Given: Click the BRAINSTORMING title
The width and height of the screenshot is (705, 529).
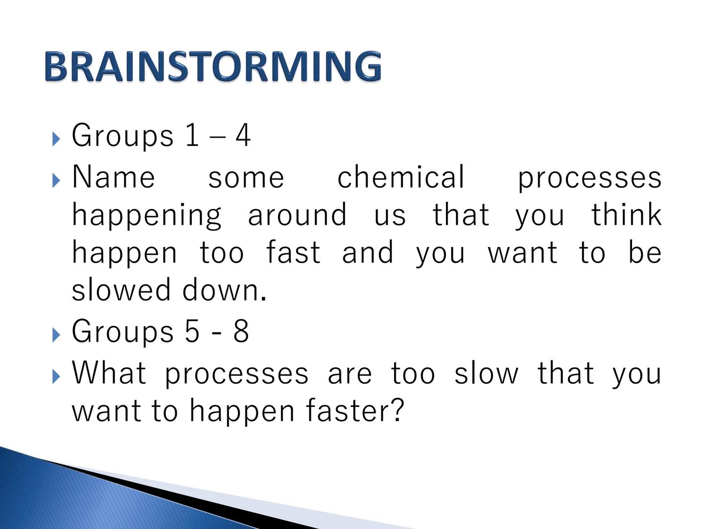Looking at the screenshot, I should click(x=212, y=66).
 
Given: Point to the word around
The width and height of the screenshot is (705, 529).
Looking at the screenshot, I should click(x=298, y=215).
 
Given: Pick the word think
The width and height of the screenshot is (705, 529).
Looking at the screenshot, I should click(x=626, y=215).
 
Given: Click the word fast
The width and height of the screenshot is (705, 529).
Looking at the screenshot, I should click(x=293, y=252).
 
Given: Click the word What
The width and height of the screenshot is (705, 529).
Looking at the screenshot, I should click(x=109, y=373).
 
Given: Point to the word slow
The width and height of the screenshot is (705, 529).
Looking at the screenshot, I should click(x=486, y=373).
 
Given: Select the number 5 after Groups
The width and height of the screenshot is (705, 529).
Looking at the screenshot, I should click(x=192, y=331).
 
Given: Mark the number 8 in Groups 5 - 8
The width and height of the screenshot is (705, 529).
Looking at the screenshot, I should click(x=241, y=331).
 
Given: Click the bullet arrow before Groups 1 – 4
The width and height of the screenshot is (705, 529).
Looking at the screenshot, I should click(x=56, y=139).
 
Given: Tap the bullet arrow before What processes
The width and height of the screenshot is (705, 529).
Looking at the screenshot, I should click(x=56, y=377).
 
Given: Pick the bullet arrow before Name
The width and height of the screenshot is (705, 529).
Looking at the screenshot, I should click(x=56, y=181).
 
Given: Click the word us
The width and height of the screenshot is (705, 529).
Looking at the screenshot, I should click(x=390, y=216).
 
